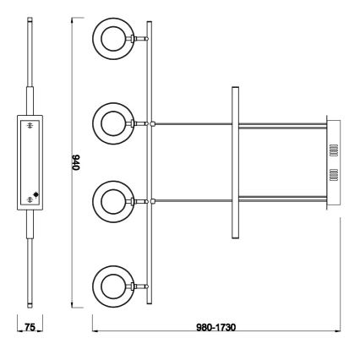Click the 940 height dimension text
click(74, 163)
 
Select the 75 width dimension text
click(30, 325)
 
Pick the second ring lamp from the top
click(113, 123)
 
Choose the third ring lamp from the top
click(113, 201)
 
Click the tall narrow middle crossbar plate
click(234, 161)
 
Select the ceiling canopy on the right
click(331, 161)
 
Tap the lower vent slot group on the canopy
click(332, 175)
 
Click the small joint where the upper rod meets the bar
click(153, 123)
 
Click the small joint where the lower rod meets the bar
click(153, 200)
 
